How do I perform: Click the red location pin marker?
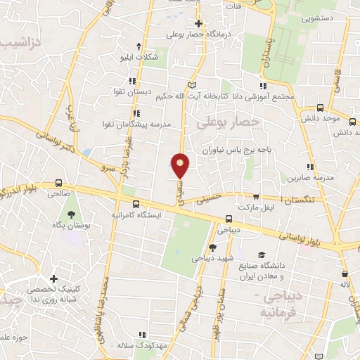(x=181, y=165)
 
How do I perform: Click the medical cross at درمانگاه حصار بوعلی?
(x=198, y=23)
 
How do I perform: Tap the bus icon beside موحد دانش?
(x=321, y=108)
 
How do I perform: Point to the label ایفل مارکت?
(x=254, y=209)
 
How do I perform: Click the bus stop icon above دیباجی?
(x=229, y=218)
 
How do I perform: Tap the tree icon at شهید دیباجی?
(x=212, y=247)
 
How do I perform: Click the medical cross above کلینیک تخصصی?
(x=52, y=279)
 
